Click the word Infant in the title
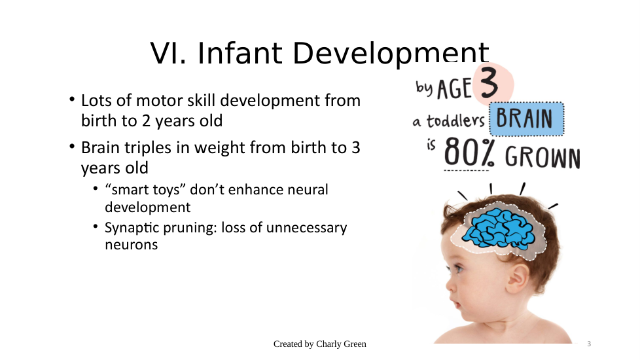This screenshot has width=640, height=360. [240, 54]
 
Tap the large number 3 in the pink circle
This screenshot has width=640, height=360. [489, 83]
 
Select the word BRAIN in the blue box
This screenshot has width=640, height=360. [524, 118]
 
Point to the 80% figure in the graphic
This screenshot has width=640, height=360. [469, 153]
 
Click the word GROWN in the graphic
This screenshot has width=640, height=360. [542, 157]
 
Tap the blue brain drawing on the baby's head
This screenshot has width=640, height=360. [498, 228]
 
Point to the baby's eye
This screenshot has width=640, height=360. [459, 269]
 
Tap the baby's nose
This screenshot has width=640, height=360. [450, 285]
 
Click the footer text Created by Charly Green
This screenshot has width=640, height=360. [319, 344]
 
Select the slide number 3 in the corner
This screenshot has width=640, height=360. [589, 344]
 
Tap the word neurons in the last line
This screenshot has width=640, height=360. [132, 245]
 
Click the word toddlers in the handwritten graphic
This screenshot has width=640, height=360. [455, 121]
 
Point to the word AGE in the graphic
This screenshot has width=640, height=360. [454, 88]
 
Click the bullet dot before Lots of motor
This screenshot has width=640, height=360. [72, 99]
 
